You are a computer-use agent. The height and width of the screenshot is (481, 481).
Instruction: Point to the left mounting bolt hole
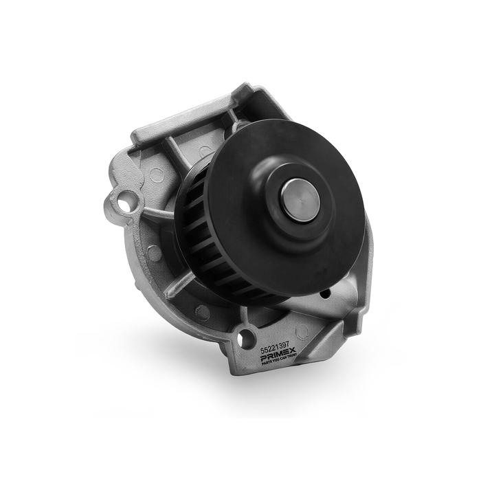pos(124,203)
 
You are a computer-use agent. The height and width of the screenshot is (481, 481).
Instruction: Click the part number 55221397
pos(275,349)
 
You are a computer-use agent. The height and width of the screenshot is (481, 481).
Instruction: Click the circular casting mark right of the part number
pos(301,332)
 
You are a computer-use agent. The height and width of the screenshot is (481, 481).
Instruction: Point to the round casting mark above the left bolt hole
pos(157,175)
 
